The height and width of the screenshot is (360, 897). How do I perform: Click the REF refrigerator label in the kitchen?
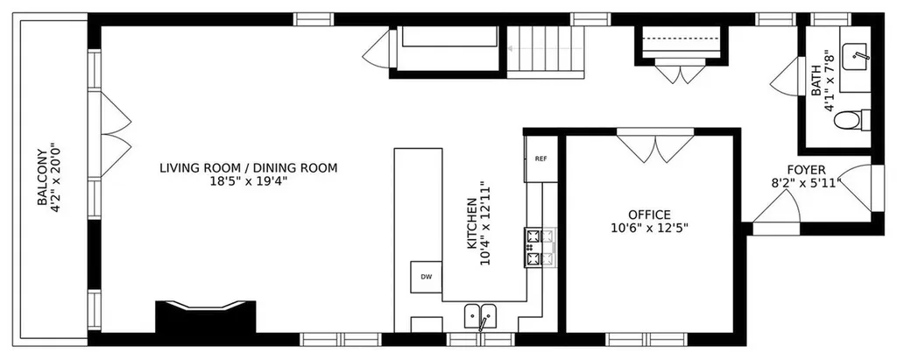pos(540,159)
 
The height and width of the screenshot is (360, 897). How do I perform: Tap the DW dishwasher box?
pos(427,277)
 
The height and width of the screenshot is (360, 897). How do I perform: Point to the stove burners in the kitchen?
pos(540,247)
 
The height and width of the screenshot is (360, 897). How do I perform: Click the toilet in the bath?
pos(851,120)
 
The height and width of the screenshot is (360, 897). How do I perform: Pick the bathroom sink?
pos(857,55)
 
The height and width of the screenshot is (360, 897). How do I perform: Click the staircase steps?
pos(546,52)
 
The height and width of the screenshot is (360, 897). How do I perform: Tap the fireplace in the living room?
pos(206,316)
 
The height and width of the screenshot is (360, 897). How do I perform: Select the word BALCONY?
pos(42,178)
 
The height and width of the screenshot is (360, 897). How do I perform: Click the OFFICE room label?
pos(649,215)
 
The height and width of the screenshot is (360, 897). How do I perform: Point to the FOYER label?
pos(806,170)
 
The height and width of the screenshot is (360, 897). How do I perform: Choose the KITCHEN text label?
pos(472,223)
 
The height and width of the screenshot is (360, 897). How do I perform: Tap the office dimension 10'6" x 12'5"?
pos(649,228)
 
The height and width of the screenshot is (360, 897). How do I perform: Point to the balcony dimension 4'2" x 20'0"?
pos(55,178)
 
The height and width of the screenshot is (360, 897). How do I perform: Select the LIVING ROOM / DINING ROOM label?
pos(248,168)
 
